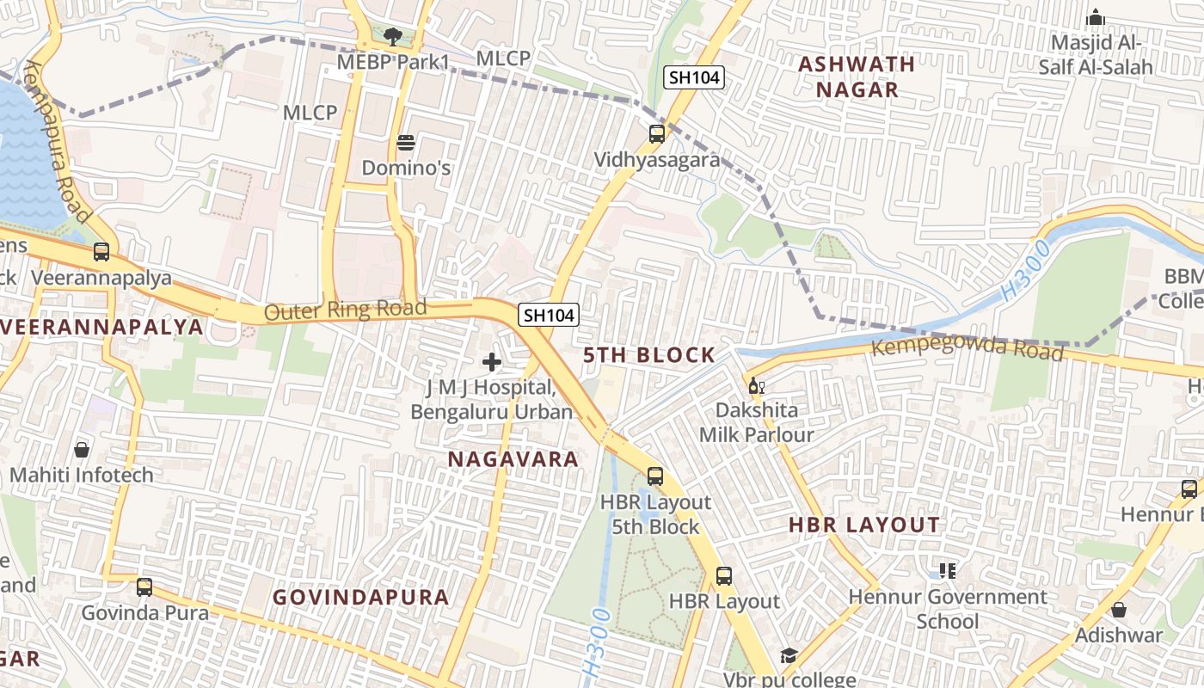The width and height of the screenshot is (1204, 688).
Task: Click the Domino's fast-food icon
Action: tap(405, 142)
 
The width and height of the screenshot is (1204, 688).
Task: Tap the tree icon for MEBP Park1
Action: tap(393, 37)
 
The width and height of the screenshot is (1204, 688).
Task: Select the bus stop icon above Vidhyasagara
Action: tap(657, 134)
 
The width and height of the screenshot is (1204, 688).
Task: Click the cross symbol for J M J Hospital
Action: tap(492, 362)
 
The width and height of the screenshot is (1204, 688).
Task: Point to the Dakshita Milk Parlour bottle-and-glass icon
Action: tap(756, 385)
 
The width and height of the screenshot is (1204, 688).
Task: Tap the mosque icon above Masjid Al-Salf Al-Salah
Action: tap(1095, 17)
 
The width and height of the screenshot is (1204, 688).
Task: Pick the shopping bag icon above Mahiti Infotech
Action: tap(82, 449)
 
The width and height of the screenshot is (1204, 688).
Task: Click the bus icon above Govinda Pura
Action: tap(144, 587)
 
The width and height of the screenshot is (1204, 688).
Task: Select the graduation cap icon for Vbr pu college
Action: tap(789, 656)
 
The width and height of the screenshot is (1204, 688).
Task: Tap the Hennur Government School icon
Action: tap(948, 571)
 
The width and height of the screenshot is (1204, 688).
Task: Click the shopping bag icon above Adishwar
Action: tap(1119, 610)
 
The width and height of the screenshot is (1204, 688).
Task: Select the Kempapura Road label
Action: tap(58, 141)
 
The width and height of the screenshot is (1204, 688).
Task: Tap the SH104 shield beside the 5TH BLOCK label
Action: tap(549, 316)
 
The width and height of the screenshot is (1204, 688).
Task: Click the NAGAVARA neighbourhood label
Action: tap(513, 459)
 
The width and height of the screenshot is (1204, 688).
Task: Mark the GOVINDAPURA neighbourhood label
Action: tap(361, 597)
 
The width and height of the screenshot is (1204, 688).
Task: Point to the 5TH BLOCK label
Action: tap(649, 355)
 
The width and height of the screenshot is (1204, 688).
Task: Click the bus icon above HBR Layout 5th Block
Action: tap(655, 476)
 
